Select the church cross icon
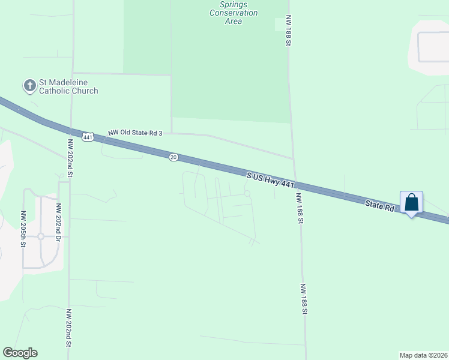pos(29,86)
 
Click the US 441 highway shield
pos(88,137)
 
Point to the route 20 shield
pos(173,157)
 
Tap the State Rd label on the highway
pos(381,206)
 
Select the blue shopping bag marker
pos(412,202)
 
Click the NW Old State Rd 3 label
pos(135,133)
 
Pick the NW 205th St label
pos(24,229)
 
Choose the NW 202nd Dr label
pos(59,221)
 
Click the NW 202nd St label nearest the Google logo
pos(70,328)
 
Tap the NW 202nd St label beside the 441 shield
pos(70,158)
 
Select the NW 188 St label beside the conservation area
pos(289,31)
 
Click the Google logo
pos(20,353)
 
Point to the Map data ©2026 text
pos(423,355)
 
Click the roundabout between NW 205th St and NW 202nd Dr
pos(41,236)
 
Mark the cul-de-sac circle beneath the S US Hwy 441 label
pos(247,193)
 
